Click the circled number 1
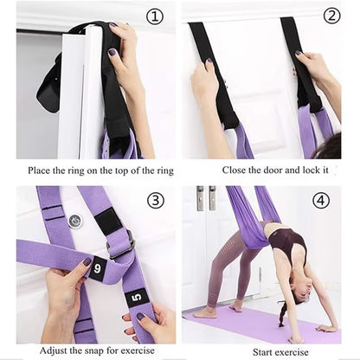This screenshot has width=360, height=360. tap(154, 16)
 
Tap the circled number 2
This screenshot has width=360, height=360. tap(331, 16)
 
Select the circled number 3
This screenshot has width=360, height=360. tap(155, 200)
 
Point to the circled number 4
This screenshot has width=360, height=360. tap(321, 200)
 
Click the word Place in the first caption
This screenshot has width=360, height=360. tap(41, 170)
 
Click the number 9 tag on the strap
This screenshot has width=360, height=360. tap(97, 268)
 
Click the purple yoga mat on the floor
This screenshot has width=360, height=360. tap(260, 329)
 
